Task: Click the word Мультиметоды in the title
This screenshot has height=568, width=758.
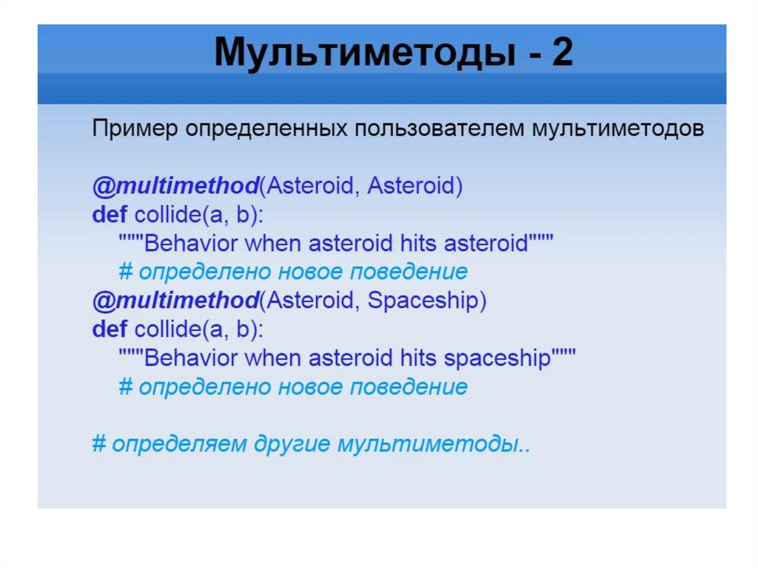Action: point(365,53)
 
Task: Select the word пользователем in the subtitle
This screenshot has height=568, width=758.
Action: point(440,129)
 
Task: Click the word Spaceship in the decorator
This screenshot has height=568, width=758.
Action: point(423,301)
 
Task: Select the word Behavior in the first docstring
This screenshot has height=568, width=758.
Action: point(190,244)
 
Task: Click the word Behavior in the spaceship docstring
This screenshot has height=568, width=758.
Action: point(190,358)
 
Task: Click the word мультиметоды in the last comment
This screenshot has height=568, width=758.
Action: point(427,444)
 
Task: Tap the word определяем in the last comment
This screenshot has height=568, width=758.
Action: point(179,444)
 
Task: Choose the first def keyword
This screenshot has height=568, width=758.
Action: point(110,214)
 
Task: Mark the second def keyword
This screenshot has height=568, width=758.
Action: point(110,330)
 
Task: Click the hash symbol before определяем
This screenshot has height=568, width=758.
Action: point(99,443)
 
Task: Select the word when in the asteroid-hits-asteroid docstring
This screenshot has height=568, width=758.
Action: point(272,244)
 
